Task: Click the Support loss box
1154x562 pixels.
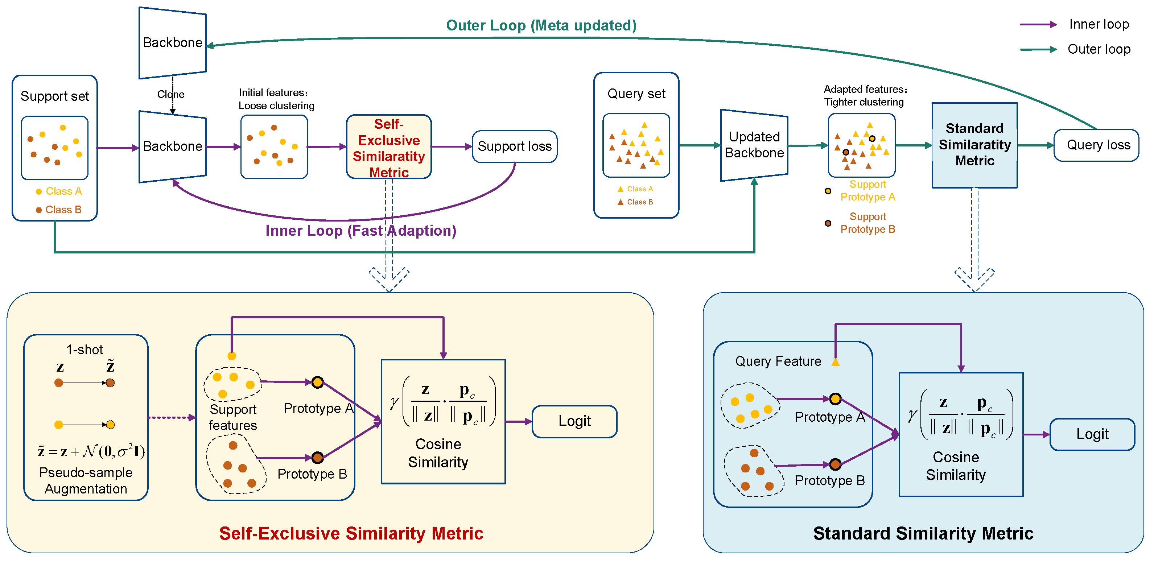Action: [x=514, y=146]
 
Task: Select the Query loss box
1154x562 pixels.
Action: [x=1098, y=145]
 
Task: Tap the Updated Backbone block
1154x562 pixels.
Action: [x=754, y=145]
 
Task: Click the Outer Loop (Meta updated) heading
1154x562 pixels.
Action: [x=541, y=25]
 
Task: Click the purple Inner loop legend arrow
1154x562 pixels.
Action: [x=1038, y=25]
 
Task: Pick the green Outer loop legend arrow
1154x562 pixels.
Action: [x=1038, y=49]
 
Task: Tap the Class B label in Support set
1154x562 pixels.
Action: [x=63, y=210]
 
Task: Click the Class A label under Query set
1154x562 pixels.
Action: [x=639, y=189]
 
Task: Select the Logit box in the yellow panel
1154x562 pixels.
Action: [x=574, y=421]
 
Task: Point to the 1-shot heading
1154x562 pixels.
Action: [x=85, y=350]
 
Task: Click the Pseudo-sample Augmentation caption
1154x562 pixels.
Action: [x=86, y=480]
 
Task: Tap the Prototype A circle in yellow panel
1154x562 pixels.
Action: [x=317, y=383]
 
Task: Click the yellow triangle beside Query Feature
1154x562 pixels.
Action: [x=835, y=362]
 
